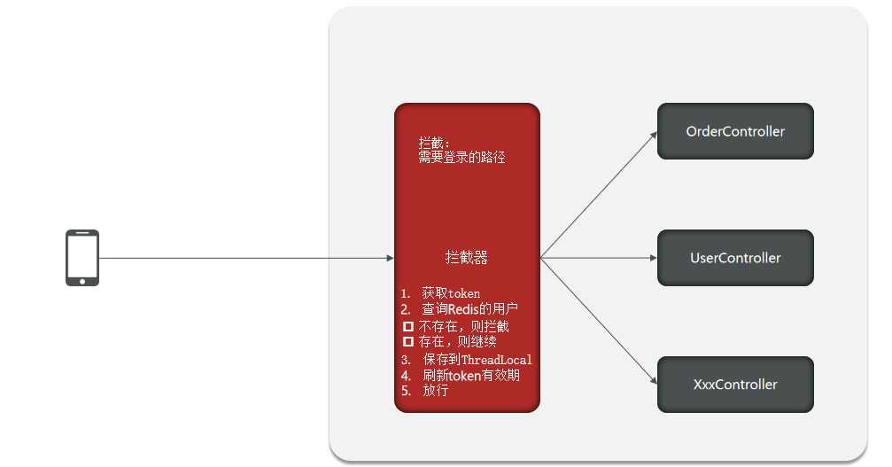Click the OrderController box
point(735,131)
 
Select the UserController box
point(735,258)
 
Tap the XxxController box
point(735,385)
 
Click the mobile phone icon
point(82,258)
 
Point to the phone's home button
point(82,281)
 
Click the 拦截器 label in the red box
point(467,258)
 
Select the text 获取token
point(451,293)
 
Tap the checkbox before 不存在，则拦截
point(408,326)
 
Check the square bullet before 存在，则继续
point(408,341)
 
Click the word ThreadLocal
point(497,360)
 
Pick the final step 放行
point(435,390)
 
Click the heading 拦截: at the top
point(435,143)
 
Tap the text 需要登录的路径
point(462,158)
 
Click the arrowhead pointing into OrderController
point(653,135)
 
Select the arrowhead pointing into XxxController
point(653,381)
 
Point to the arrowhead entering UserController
point(653,258)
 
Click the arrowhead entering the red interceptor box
point(390,258)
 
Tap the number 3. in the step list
point(406,360)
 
